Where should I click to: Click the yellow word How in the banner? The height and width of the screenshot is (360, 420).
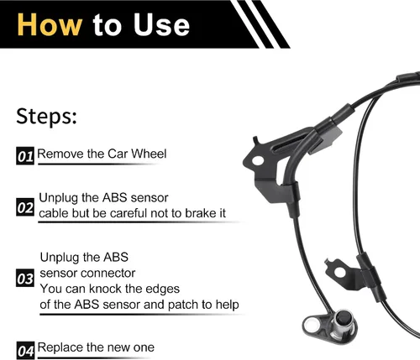pos(50,24)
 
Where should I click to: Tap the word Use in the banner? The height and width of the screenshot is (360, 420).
pos(161,24)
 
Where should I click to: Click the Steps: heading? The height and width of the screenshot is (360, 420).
pos(46,117)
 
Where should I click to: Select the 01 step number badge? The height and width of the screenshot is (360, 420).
pos(25,155)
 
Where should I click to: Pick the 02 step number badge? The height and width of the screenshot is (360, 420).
pos(25,207)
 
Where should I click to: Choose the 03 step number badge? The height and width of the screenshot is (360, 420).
pos(25,278)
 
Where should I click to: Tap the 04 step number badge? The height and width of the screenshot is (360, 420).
pos(25,350)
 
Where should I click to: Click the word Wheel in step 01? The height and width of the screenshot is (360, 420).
pos(149,154)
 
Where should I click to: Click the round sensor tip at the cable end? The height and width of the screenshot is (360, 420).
pos(344,317)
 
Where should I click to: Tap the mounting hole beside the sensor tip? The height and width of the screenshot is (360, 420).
pos(312,325)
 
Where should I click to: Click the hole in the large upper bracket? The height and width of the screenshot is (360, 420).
pos(258,160)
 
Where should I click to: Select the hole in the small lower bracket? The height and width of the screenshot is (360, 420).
pos(339,272)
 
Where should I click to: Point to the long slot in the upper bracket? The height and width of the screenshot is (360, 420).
pos(291,142)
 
